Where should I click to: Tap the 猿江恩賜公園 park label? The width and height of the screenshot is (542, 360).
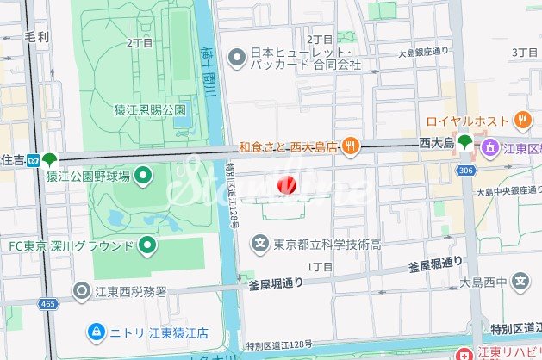click(150, 109)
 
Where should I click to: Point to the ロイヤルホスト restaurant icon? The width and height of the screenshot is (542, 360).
click(522, 121)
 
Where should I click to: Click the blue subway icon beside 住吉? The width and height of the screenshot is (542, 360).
click(33, 159)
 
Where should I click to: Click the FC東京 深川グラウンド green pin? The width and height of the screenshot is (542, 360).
click(148, 246)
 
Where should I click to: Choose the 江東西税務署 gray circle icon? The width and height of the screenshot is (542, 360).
click(81, 290)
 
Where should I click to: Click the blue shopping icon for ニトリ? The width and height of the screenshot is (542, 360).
click(98, 332)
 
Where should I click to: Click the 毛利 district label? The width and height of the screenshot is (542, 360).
click(37, 37)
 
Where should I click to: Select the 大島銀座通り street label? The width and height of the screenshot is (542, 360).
click(423, 53)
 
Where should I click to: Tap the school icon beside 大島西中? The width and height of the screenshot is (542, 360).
click(521, 281)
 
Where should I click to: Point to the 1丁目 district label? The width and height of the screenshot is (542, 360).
click(319, 267)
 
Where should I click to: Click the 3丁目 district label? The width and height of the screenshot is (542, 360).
click(524, 53)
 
